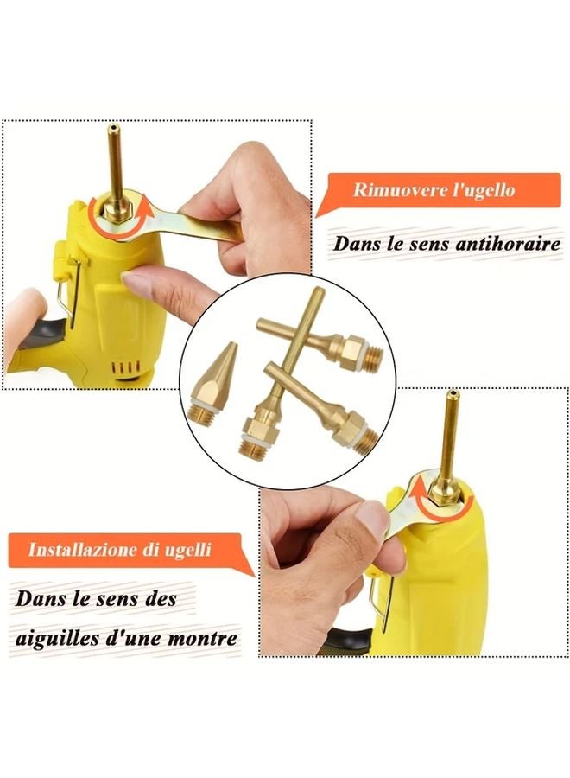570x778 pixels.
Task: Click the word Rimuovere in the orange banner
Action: [394, 191]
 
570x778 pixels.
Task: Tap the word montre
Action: [205, 639]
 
